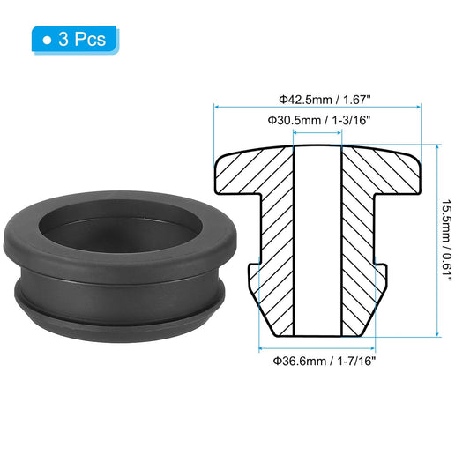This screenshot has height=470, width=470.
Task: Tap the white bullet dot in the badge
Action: coord(47,39)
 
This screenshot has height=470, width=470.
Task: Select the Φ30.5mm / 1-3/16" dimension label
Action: coord(318,119)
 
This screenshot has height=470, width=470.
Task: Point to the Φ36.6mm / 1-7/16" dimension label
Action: coord(318,361)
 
